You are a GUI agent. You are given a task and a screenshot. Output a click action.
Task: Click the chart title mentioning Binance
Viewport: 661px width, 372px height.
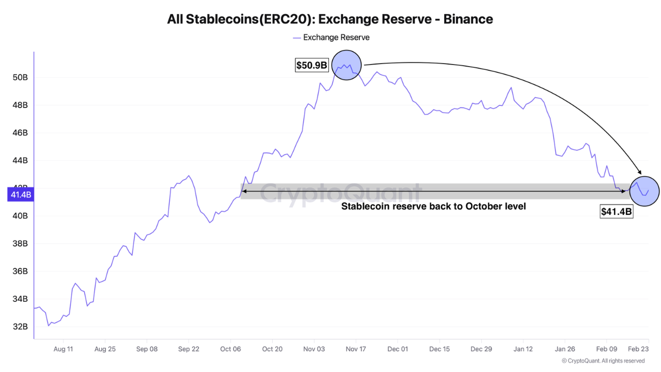point(330,20)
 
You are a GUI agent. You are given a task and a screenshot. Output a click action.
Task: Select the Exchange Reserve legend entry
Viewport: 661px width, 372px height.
point(331,37)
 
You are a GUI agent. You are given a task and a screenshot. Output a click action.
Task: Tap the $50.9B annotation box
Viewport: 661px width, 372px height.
point(311,65)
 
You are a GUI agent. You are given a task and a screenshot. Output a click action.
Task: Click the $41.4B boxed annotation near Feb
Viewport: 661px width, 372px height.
point(616,211)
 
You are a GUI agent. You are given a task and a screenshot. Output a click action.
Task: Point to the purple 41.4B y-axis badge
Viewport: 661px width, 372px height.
point(19,195)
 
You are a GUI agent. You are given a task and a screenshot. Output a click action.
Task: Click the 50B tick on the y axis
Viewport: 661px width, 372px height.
point(20,78)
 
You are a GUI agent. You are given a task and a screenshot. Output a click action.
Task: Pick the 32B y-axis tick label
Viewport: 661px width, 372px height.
point(20,327)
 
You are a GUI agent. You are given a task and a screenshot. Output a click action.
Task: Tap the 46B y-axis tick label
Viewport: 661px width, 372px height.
point(20,133)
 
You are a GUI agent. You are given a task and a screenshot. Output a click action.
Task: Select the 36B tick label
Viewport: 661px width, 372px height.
point(20,271)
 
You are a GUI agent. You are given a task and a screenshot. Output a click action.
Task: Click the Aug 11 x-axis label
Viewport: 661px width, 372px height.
point(63,349)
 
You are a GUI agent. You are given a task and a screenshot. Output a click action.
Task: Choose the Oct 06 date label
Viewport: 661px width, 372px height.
point(230,349)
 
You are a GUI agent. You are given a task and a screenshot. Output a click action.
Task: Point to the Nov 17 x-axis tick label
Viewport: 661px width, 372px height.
point(356,349)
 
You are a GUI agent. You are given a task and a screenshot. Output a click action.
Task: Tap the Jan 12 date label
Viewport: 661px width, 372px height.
point(523,349)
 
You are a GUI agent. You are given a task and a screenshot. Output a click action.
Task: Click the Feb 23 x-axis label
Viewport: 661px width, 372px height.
point(638,349)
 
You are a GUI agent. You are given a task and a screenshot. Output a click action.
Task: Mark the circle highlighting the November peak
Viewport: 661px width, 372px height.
point(347,66)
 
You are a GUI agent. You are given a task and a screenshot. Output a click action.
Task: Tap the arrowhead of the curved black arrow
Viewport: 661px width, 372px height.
point(640,173)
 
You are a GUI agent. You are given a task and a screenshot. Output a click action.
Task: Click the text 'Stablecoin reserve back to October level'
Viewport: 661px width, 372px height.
point(433,206)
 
